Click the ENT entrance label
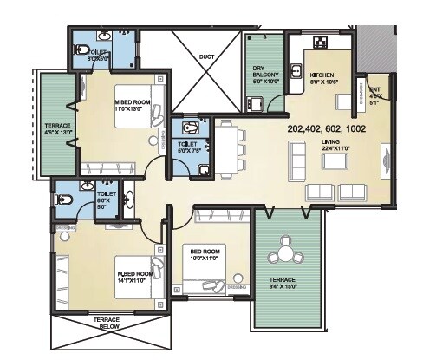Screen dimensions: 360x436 coord(374,93)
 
